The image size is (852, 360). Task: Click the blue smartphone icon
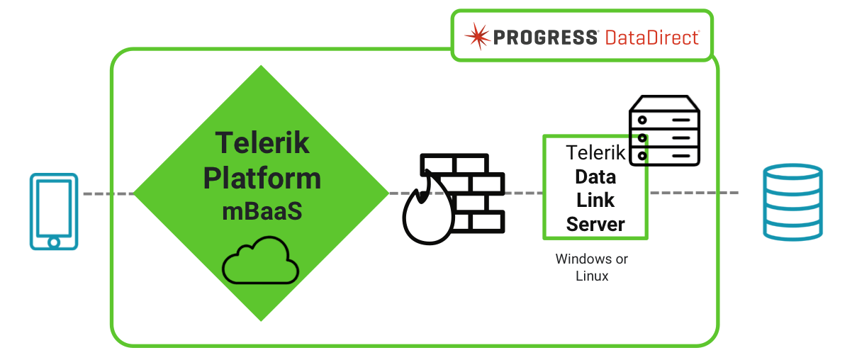(x=54, y=211)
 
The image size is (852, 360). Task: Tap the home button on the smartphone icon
(x=54, y=241)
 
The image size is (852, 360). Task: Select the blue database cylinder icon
(x=792, y=202)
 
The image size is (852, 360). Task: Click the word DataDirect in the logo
(x=653, y=37)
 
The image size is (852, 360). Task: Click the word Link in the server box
(x=595, y=201)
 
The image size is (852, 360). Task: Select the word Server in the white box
(x=595, y=225)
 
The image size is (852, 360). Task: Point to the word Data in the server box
(x=595, y=176)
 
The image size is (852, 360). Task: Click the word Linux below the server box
(x=592, y=276)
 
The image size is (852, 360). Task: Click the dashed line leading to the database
(x=695, y=193)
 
